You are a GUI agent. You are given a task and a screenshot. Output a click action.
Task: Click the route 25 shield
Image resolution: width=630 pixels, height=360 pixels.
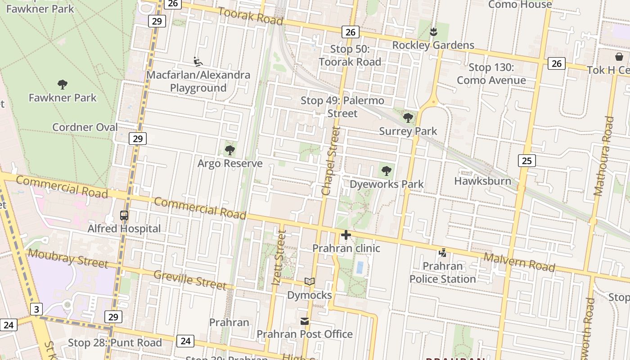click(x=526, y=160)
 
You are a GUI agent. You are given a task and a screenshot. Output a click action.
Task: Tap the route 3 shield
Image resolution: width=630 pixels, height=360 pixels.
click(x=36, y=310)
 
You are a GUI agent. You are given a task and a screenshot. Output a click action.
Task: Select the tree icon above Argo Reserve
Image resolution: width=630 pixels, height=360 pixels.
click(x=230, y=150)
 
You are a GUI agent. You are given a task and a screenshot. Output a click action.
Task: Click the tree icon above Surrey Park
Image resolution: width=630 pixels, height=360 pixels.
click(x=408, y=118)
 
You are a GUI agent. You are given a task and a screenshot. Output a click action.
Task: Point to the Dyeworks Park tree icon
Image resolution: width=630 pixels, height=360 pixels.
click(x=386, y=171)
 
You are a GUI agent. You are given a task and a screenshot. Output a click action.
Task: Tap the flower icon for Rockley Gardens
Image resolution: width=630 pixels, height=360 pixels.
click(x=433, y=31)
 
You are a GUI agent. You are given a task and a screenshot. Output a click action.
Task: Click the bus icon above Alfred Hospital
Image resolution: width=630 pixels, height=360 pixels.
click(x=124, y=216)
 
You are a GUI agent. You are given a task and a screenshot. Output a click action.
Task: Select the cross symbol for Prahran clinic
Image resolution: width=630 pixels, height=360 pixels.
click(x=346, y=235)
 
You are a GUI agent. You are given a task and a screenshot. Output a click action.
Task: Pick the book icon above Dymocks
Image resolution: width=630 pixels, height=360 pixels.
click(x=309, y=282)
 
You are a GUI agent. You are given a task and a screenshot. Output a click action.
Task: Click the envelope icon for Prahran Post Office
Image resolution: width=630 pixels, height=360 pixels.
click(x=305, y=321)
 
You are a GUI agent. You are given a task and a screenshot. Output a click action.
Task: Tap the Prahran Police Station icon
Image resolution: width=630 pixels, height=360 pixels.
click(x=443, y=253)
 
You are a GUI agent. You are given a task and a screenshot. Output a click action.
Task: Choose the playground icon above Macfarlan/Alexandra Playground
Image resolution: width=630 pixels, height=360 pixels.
click(x=198, y=61)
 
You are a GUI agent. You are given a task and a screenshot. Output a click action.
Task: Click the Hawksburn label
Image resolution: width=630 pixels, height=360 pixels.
click(x=482, y=181)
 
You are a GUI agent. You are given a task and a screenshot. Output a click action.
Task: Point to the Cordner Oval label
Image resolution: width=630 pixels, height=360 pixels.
click(x=85, y=127)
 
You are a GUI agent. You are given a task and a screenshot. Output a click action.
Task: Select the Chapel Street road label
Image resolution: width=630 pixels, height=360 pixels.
click(x=332, y=161)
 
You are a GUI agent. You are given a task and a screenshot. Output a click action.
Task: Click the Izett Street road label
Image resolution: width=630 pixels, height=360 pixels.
click(x=279, y=258)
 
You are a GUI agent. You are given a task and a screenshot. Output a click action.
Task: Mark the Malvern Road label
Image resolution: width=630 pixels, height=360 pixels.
click(x=519, y=262)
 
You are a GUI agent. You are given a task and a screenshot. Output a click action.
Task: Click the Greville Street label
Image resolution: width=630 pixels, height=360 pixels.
click(x=190, y=280)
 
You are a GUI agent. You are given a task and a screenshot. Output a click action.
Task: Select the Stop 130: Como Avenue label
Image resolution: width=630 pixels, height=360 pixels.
click(x=491, y=74)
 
